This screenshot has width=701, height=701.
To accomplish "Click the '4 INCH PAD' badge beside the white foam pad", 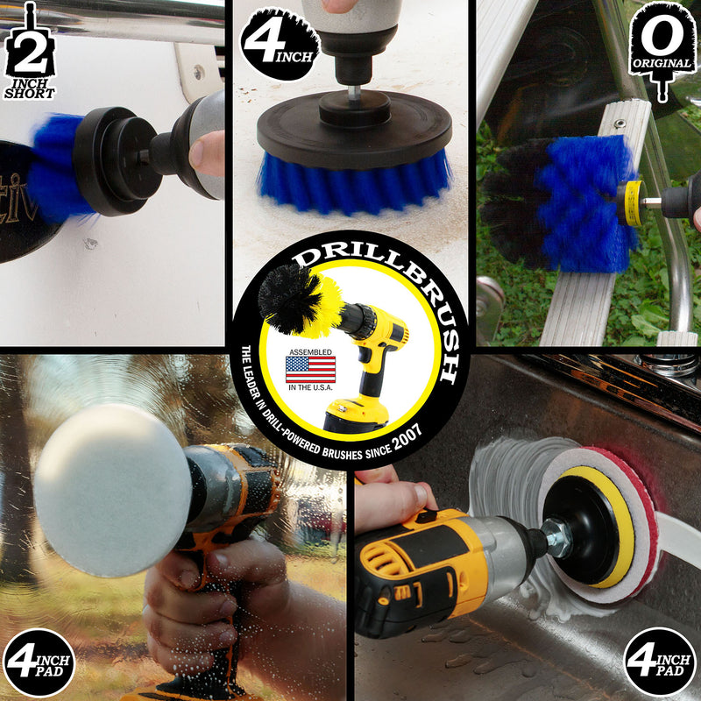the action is click(39, 662).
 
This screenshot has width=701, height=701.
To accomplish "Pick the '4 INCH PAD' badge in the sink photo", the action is click(661, 662).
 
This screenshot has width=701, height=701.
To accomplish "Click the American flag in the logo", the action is click(310, 369).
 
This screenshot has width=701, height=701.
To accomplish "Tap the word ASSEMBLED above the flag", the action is click(310, 352).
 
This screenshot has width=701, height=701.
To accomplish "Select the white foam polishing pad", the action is click(112, 490).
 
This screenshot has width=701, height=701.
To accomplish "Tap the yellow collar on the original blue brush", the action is click(631, 203).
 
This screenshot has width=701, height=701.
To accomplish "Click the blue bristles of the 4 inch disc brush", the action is click(354, 184).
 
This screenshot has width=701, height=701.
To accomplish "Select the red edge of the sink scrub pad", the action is click(644, 519).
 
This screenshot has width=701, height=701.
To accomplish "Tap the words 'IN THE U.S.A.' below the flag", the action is click(310, 387).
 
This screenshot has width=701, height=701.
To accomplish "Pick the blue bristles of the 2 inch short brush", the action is click(57, 166).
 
